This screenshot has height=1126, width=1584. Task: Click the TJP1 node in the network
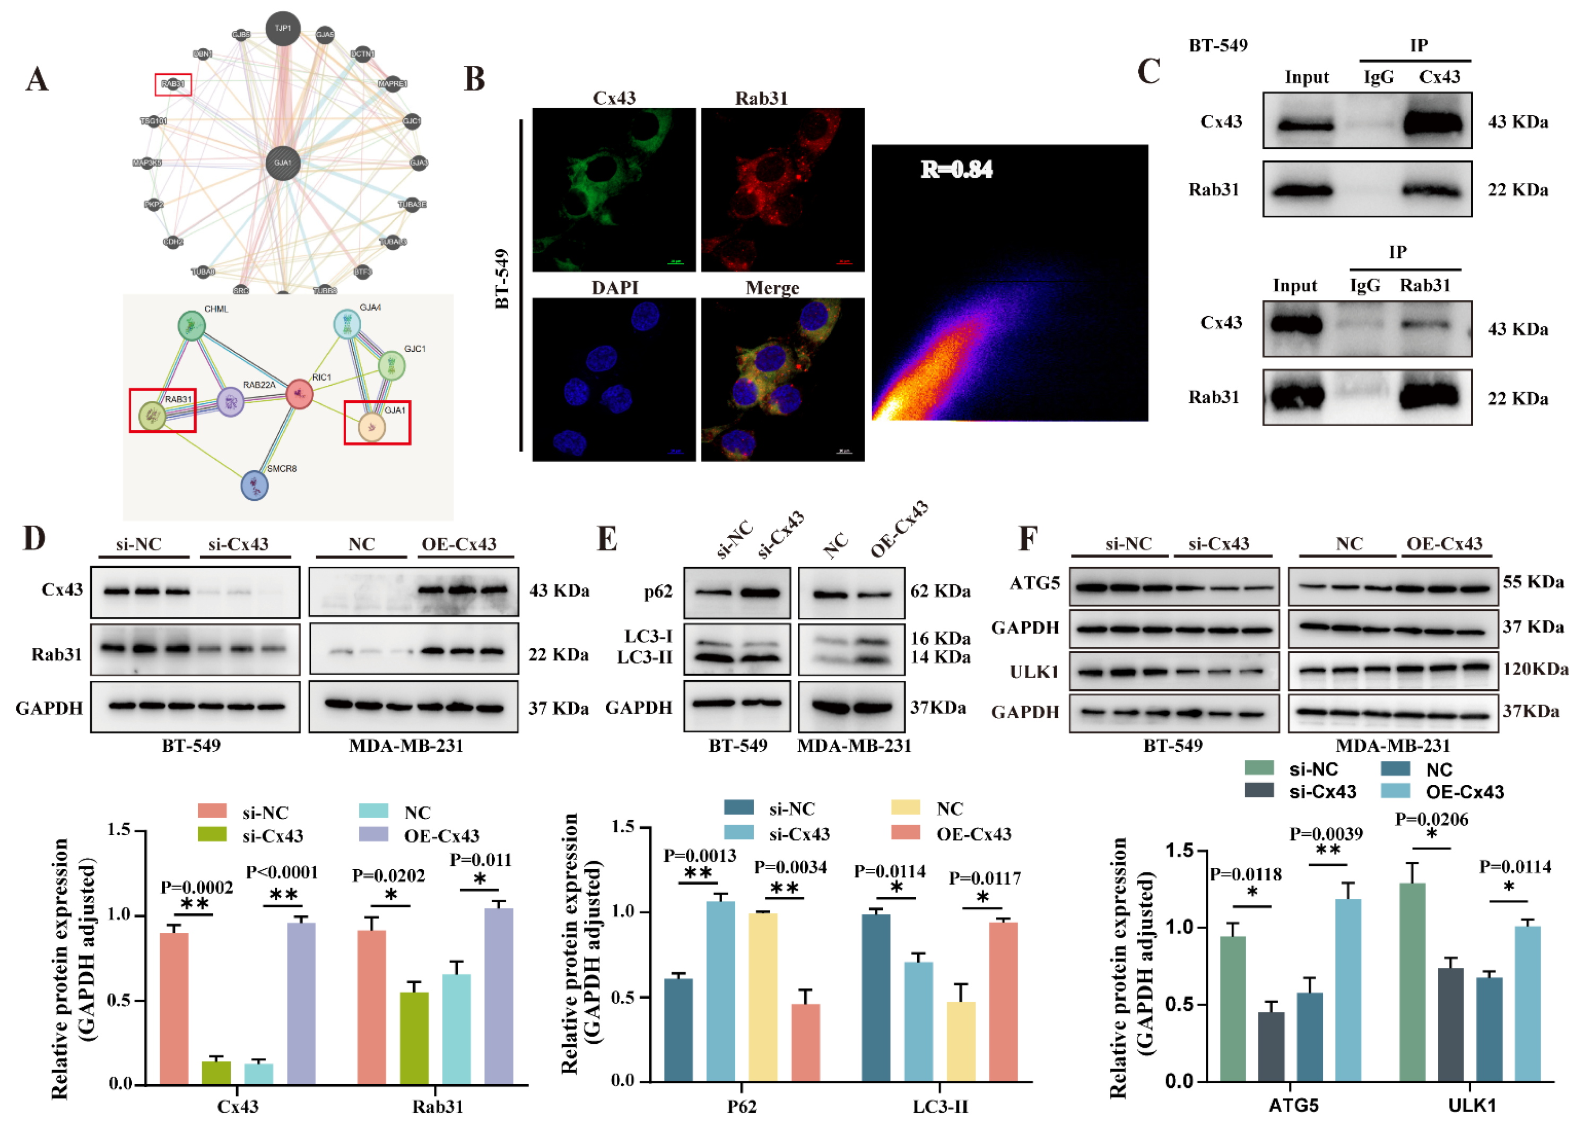coord(283,29)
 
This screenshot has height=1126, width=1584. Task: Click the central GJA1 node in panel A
coord(283,163)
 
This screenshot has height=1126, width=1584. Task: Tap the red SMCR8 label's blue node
coord(255,486)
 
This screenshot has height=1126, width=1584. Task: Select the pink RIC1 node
coord(300,394)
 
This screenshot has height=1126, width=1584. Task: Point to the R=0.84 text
coord(956,169)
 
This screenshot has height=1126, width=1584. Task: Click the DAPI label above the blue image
coord(615,288)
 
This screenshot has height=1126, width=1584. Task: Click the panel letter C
coord(1148,72)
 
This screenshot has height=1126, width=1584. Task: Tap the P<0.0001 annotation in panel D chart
coord(282,872)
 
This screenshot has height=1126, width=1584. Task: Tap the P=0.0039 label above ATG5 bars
coord(1326,834)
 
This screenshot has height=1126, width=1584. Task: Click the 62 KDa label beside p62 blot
coord(940,592)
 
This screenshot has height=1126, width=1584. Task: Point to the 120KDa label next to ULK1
coord(1534,669)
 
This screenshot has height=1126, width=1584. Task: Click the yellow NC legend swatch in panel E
coord(906,808)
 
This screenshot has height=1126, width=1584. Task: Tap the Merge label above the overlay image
coord(772,288)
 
